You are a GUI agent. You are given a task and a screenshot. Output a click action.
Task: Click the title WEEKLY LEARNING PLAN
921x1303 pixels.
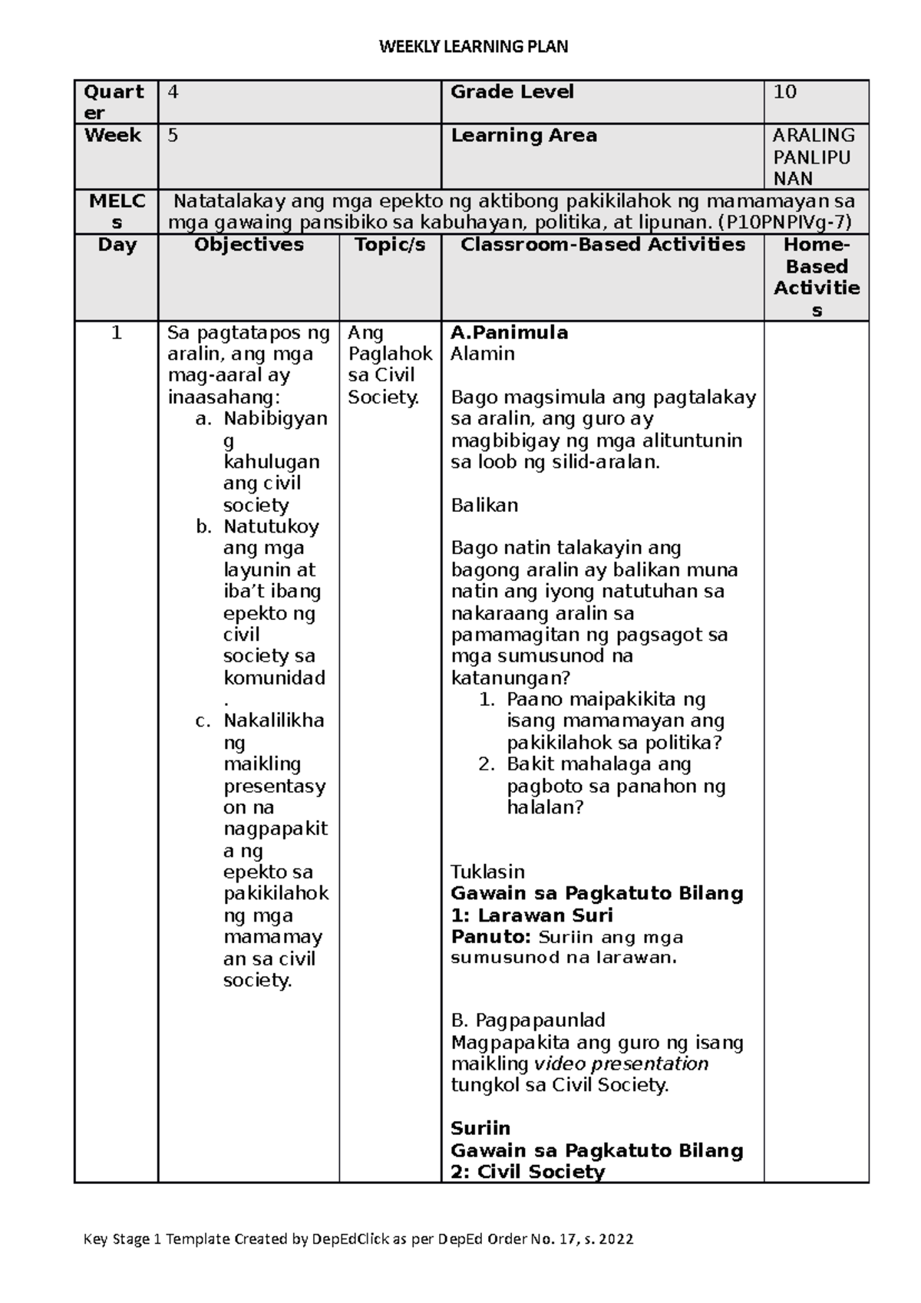[474, 47]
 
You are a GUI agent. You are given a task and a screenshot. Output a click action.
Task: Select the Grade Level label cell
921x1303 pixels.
[512, 92]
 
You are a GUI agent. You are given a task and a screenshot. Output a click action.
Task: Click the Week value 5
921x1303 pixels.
[173, 135]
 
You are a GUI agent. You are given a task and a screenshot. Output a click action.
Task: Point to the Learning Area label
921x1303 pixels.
[523, 135]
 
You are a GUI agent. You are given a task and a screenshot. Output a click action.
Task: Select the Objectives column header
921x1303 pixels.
[249, 245]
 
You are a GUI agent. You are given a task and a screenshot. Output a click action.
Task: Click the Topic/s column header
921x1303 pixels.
[390, 245]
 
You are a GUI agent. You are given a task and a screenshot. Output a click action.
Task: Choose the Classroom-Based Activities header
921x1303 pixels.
[602, 245]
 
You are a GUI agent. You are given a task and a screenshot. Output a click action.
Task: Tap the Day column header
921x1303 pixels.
[117, 245]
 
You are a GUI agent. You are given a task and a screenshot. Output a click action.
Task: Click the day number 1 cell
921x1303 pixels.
[117, 332]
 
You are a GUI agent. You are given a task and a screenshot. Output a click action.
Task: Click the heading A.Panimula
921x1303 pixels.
[510, 332]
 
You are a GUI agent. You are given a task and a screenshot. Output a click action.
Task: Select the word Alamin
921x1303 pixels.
[482, 354]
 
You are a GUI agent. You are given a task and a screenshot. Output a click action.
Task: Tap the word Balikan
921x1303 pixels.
[484, 505]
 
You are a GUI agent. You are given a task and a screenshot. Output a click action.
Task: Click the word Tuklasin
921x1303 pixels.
[487, 872]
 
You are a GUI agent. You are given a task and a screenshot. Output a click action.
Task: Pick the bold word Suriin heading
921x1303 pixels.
[480, 1128]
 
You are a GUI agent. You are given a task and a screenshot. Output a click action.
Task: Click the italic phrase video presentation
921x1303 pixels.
[621, 1064]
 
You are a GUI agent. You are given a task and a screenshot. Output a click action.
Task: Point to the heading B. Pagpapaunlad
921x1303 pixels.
[528, 1020]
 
